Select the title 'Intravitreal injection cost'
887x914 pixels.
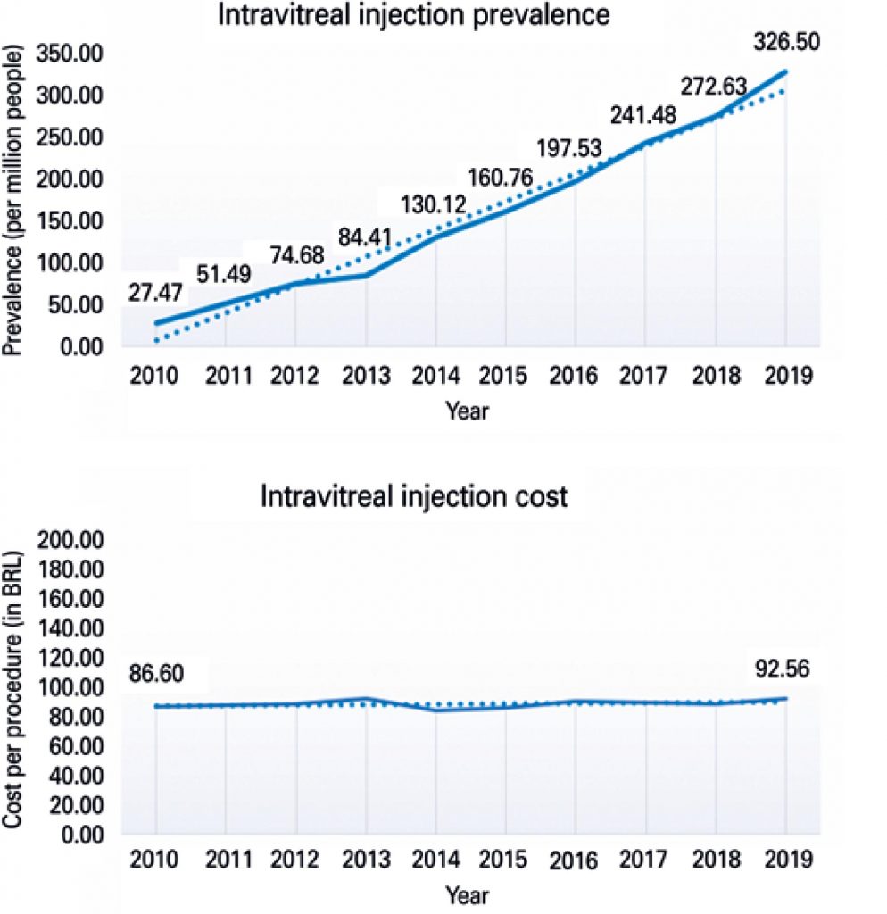point(413,496)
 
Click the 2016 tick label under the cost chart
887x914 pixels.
point(576,863)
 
